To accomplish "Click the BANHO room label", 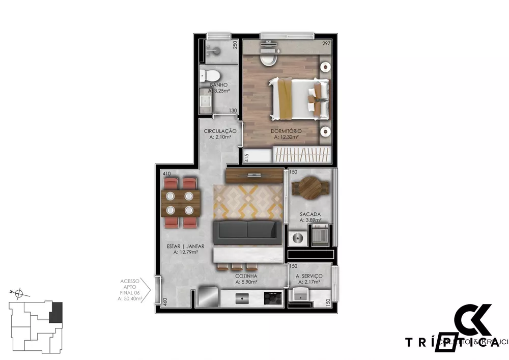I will click(x=218, y=85).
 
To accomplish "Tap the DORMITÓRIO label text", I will click(x=288, y=131).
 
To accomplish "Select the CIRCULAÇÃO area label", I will click(x=220, y=131).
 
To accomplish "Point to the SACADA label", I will click(x=309, y=214).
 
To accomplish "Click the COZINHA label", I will click(x=246, y=276).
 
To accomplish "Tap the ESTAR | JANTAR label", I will click(x=185, y=246).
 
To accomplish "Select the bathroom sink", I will click(x=206, y=100).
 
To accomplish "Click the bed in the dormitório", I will click(x=298, y=98).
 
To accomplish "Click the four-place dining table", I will click(x=179, y=203).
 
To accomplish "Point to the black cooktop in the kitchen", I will click(x=272, y=298).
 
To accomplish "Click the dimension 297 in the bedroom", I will click(x=326, y=44).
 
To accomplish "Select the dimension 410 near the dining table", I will click(x=166, y=174).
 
